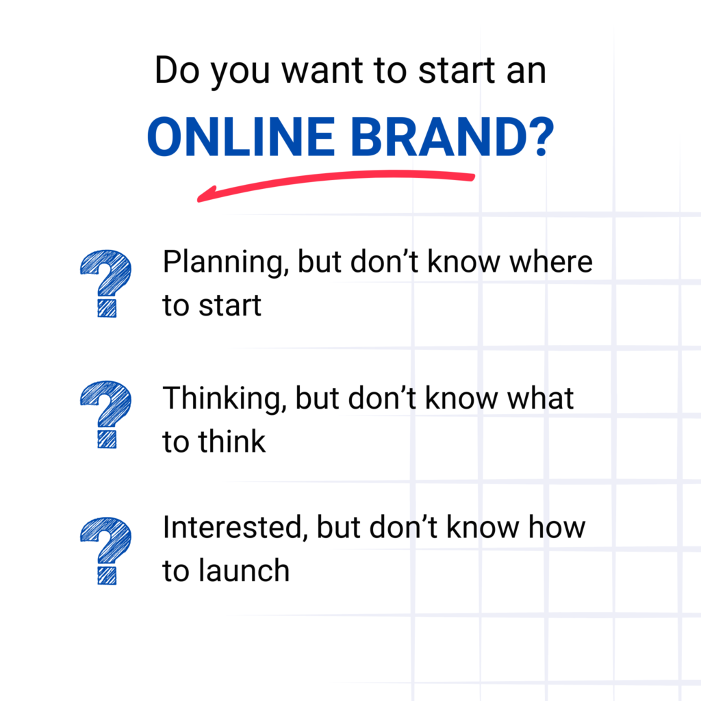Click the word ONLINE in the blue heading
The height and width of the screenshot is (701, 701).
(241, 136)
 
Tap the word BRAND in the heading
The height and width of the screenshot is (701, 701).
(439, 136)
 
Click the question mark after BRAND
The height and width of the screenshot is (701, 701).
(542, 136)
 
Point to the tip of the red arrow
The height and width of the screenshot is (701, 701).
(199, 199)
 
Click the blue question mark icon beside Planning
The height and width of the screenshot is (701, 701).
(106, 283)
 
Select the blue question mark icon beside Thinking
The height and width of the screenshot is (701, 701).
(106, 414)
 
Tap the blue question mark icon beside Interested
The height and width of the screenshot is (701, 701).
(106, 551)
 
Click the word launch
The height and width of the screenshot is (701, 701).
(244, 571)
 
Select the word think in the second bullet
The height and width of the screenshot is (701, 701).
(232, 442)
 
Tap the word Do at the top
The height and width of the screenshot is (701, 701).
(177, 71)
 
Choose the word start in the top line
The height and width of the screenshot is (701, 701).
(457, 71)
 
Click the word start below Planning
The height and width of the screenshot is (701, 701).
(230, 306)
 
